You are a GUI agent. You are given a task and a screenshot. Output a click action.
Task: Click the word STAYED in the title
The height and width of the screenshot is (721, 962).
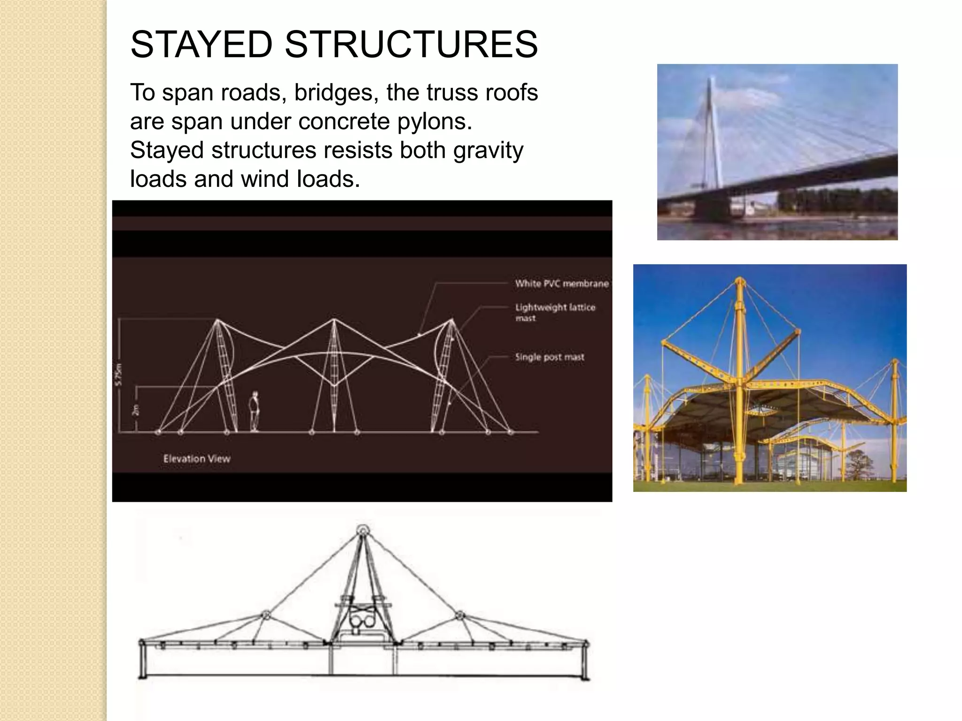201,45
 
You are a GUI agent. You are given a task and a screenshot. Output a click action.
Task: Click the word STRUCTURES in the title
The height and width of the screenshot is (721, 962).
411,45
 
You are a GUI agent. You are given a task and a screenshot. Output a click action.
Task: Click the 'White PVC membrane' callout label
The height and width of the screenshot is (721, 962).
562,284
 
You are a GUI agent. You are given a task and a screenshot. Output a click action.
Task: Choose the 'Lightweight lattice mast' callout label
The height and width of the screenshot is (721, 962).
555,312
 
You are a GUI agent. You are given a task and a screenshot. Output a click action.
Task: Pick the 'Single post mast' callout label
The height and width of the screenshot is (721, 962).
550,357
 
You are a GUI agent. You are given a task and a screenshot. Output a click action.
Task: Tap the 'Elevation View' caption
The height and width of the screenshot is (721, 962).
197,459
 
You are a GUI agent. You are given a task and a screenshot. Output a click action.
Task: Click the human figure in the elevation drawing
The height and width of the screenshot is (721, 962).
255,411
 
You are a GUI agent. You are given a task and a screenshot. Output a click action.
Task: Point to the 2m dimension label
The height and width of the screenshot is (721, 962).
136,410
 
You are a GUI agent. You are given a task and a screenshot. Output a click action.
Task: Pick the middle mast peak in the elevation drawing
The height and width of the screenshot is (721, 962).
334,320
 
